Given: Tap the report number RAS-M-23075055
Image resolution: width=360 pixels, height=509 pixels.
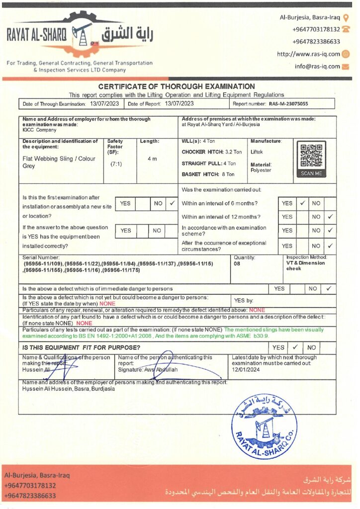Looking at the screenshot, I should [288, 104].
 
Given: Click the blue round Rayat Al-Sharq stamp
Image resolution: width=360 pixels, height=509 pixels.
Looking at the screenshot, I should [264, 426].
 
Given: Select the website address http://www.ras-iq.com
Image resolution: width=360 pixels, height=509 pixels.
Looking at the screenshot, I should [308, 54].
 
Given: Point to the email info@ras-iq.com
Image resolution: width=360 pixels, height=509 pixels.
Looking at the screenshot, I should [317, 66].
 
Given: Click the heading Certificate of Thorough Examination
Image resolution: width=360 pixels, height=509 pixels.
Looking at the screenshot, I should [177, 86].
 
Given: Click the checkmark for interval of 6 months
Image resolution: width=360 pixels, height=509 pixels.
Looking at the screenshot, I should [302, 203].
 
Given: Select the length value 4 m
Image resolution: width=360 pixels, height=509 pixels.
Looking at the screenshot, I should [152, 159].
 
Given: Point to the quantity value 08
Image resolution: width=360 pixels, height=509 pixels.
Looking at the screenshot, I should [239, 263].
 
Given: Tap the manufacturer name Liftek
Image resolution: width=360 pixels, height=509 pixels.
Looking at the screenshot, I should [257, 152].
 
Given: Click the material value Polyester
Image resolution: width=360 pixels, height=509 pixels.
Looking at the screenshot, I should [261, 170].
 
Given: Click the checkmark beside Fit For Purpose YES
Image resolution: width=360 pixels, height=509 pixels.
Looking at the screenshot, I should [295, 347].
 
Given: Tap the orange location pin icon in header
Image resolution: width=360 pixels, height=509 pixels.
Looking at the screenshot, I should [346, 18].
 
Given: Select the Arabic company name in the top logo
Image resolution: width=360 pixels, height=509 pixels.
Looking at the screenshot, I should [128, 35].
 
